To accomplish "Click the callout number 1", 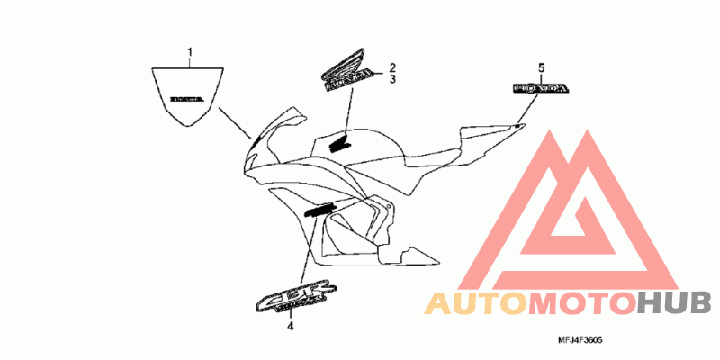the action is pos(191,53).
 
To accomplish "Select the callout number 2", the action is pos(392,67).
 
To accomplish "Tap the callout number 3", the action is pos(392,80).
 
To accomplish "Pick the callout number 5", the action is pos(541,68).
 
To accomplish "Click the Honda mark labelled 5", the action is pos(541,89).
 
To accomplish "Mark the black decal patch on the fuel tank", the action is pos(339,141).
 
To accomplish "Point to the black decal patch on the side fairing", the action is pos(319,211).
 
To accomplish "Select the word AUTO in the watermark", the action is pos(474,303).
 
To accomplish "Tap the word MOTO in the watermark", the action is pos(580,303).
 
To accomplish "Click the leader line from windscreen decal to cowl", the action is pos(235,122).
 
